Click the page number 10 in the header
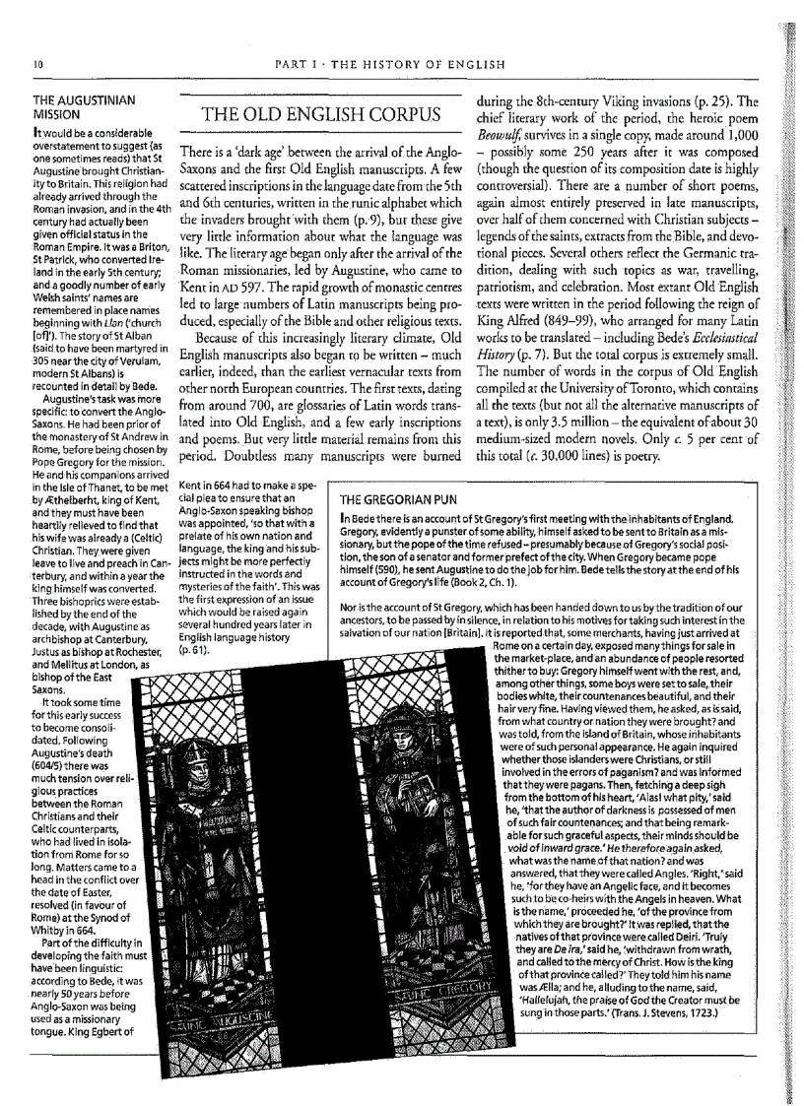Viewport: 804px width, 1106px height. pos(36,65)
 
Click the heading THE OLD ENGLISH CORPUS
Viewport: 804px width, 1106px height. pos(320,115)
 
